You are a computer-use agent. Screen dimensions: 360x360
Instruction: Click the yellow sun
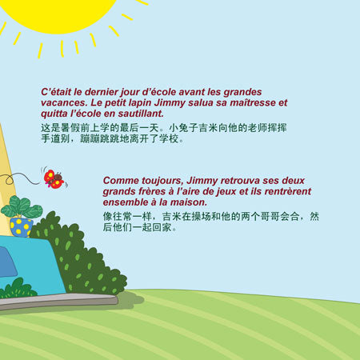click(58, 14)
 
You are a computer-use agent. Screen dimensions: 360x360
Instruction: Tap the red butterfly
click(54, 178)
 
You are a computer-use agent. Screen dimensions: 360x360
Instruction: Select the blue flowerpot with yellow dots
click(21, 227)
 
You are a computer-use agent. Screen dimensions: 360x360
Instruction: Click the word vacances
click(64, 103)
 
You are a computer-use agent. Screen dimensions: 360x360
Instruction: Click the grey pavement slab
click(58, 302)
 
